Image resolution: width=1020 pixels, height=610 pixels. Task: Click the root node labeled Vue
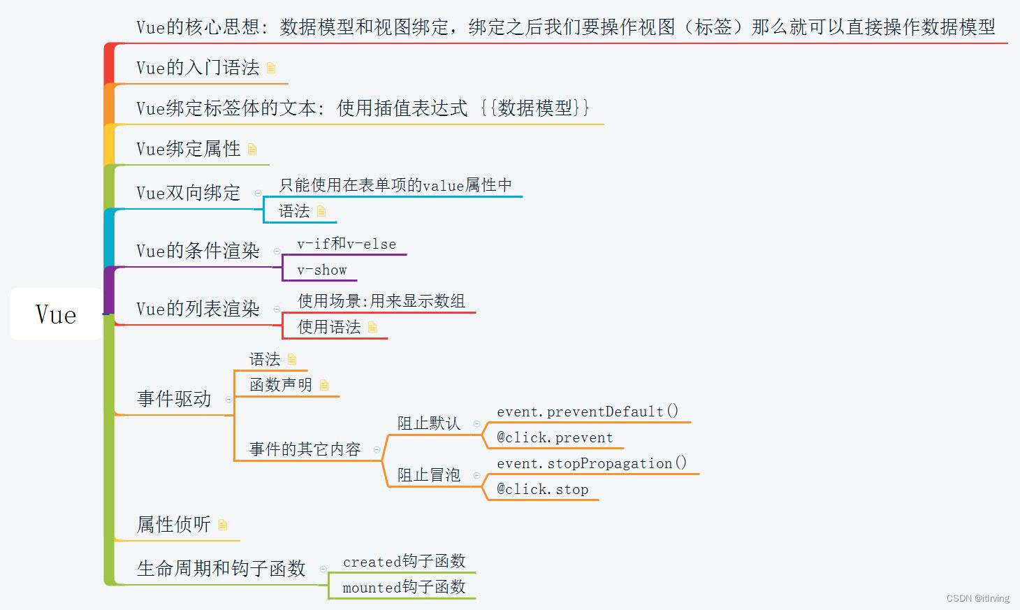pos(56,314)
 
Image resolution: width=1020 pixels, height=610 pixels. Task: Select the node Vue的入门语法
pos(198,68)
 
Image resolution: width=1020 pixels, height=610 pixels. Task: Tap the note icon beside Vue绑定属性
pos(252,149)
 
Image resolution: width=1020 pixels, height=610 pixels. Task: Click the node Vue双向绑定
pos(188,193)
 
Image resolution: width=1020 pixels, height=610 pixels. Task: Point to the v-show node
pos(322,270)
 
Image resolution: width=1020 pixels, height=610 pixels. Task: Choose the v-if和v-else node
pos(347,244)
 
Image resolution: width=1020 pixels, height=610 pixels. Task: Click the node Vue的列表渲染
pos(198,309)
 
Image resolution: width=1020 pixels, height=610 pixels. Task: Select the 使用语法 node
pos(329,327)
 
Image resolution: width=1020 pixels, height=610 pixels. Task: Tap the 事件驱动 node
pos(174,399)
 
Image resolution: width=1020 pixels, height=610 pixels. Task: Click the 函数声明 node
pos(281,385)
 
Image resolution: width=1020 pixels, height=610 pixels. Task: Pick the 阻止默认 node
pos(429,423)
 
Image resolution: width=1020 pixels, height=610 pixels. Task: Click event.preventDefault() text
pos(588,412)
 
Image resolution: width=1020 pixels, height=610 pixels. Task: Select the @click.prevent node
pos(555,438)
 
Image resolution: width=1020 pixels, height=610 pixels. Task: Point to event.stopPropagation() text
pos(592,463)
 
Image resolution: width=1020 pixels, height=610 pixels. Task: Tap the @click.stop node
pos(542,490)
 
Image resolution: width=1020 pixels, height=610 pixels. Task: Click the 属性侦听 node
pos(174,525)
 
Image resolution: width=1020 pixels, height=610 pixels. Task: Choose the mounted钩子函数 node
pos(404,588)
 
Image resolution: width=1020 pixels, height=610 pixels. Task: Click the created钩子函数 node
pos(404,562)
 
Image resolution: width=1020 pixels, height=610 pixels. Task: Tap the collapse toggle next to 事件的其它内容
pos(377,450)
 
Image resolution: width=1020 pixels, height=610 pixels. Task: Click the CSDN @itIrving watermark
pos(977,598)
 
